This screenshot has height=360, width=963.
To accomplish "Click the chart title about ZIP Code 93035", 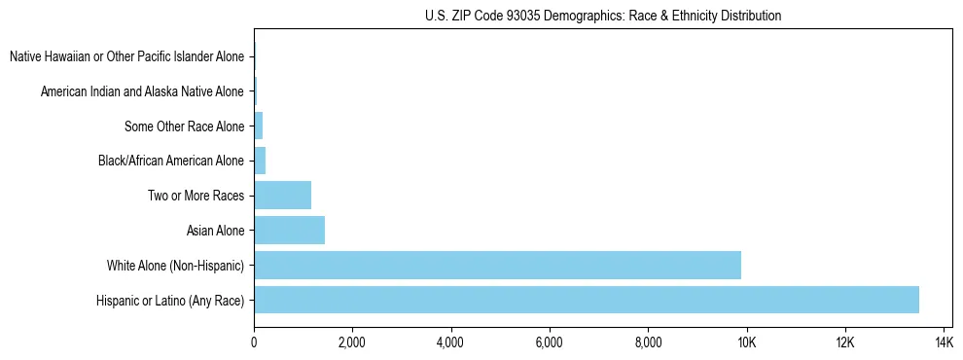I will (603, 17).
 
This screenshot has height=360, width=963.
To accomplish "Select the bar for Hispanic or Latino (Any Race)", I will (587, 300).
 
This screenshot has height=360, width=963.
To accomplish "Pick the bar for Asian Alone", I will (289, 231).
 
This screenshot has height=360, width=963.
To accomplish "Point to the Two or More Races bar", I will (282, 196).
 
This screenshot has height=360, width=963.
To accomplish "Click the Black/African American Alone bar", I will (260, 161).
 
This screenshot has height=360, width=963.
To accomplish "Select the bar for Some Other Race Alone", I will (258, 126).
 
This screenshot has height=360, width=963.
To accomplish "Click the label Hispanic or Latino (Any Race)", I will (170, 300).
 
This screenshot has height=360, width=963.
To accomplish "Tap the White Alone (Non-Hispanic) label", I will (176, 265).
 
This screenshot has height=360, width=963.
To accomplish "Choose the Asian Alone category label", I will (215, 231).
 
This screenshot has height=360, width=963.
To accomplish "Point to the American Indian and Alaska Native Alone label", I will (142, 91).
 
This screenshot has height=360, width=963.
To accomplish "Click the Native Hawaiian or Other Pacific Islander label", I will (126, 56).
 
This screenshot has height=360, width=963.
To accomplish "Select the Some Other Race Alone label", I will (184, 126).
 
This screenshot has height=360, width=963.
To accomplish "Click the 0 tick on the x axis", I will (254, 342).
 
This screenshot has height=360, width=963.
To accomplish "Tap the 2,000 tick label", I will (352, 342).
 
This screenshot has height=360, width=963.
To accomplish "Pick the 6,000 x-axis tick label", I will (550, 342).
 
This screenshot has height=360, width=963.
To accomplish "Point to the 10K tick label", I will (747, 342).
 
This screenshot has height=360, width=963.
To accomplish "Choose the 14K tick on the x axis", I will (944, 342).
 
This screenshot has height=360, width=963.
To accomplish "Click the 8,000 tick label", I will (648, 342).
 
